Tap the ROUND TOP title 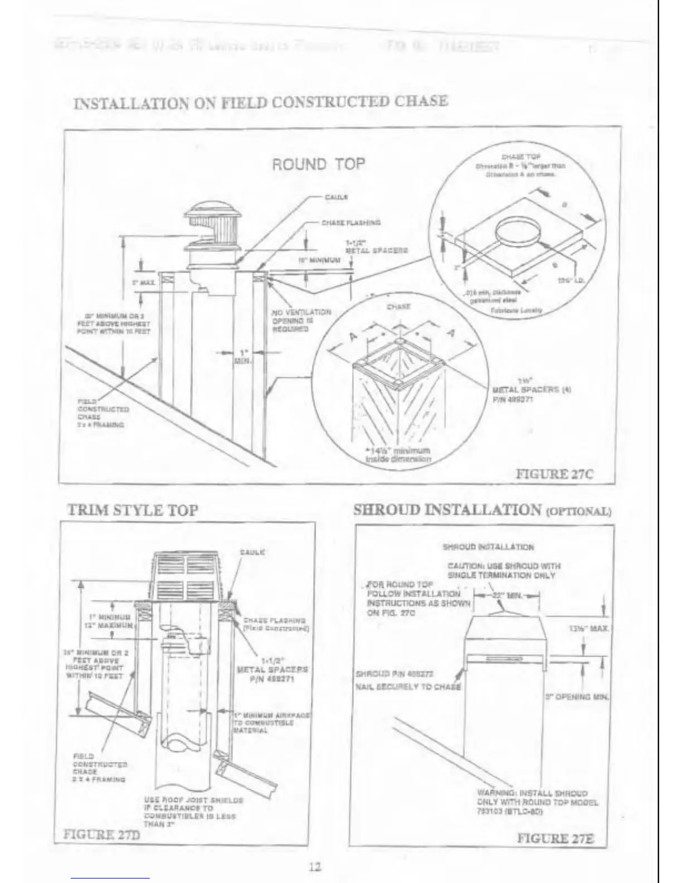point(318,164)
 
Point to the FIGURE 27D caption point(101,835)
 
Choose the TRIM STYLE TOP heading point(132,510)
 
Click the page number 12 point(315,866)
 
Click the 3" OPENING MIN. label point(577,697)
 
